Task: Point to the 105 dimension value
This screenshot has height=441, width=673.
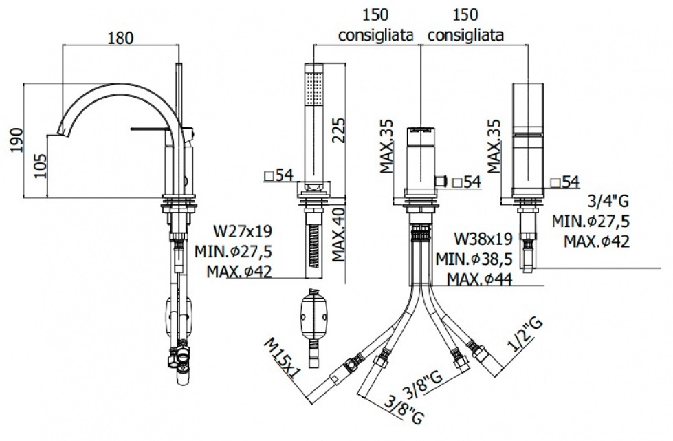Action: (41, 166)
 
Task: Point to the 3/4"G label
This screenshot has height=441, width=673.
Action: (609, 202)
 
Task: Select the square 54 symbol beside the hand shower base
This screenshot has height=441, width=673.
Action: (269, 176)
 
